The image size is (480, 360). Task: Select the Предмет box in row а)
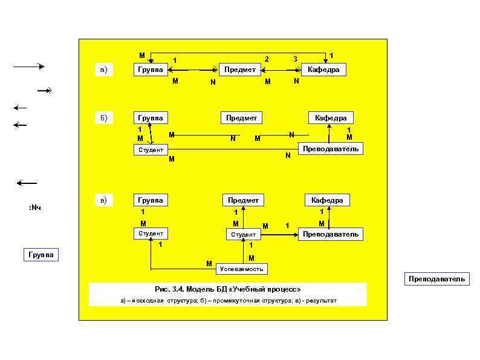click(x=240, y=70)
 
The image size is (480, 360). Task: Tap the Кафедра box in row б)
click(x=331, y=117)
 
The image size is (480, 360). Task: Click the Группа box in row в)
click(x=150, y=200)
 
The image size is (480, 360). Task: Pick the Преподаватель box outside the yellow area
click(x=436, y=279)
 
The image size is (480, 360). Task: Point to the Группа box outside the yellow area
click(x=41, y=255)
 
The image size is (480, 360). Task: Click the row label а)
click(x=103, y=70)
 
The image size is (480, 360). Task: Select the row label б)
click(x=103, y=117)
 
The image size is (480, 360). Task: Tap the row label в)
click(x=103, y=200)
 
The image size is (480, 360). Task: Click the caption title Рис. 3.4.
click(x=172, y=289)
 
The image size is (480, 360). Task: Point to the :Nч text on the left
click(x=34, y=208)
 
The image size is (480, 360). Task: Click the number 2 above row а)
click(x=266, y=59)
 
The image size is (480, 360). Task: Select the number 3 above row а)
click(x=295, y=59)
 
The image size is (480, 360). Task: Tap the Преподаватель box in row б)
click(x=331, y=148)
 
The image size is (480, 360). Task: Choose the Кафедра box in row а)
click(x=323, y=70)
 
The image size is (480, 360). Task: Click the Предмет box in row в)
click(x=243, y=200)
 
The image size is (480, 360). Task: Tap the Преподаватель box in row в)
click(x=331, y=234)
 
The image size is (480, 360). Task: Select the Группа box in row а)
click(x=150, y=70)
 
